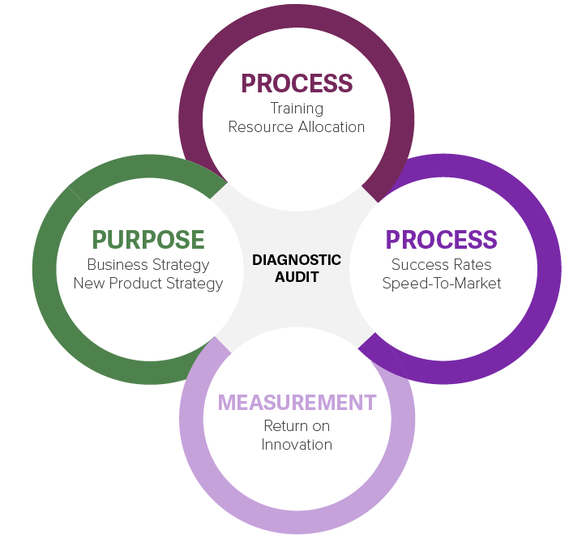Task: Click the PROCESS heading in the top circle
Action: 297,83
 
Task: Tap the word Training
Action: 297,108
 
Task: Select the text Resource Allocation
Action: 297,126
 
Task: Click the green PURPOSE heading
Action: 148,240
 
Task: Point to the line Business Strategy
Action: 148,264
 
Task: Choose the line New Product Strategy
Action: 148,283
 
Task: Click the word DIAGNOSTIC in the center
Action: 297,260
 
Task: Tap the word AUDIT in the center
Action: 297,277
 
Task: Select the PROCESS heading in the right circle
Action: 442,240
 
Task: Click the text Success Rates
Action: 442,264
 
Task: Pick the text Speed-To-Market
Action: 442,283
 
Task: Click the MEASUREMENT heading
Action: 297,402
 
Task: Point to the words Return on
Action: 297,425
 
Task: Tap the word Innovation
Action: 297,444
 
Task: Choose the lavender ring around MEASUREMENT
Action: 297,522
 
